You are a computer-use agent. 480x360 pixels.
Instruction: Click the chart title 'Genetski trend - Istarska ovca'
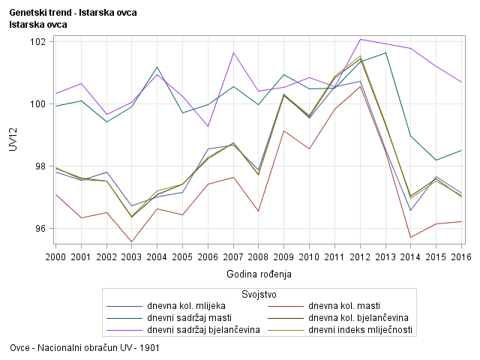point(73,13)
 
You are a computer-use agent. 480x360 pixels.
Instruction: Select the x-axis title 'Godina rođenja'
point(259,274)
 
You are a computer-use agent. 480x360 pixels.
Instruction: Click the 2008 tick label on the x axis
point(259,257)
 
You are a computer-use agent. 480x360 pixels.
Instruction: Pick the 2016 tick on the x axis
point(461,257)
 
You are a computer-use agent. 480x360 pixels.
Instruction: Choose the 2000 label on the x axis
point(55,257)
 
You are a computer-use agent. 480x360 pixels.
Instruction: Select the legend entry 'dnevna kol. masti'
point(344,306)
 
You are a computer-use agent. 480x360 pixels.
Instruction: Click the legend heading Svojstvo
point(259,292)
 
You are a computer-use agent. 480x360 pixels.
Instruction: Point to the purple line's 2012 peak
point(361,39)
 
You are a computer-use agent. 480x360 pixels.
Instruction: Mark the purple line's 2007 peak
point(234,52)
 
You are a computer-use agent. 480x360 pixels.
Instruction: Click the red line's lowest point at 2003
point(132,242)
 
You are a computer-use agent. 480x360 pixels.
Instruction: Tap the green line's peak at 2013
point(385,52)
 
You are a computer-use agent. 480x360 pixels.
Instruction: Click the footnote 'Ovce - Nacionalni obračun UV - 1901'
point(85,348)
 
